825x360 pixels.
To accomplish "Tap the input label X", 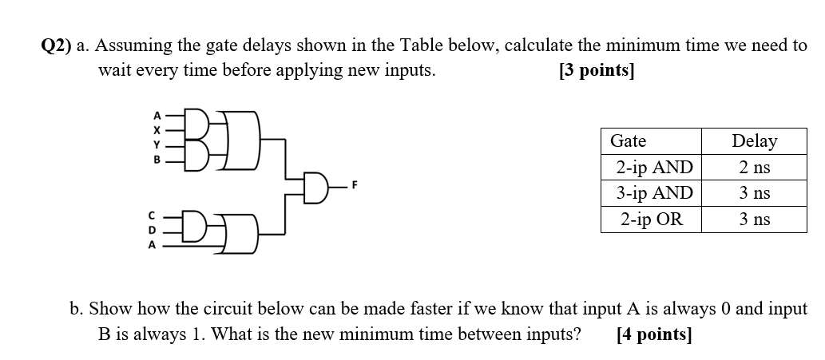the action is pyautogui.click(x=157, y=129).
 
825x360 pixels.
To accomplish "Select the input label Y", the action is pyautogui.click(x=157, y=144).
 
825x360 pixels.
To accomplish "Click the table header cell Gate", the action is pyautogui.click(x=628, y=141).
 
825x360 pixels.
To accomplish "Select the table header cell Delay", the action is pyautogui.click(x=754, y=141).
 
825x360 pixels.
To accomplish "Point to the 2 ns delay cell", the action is pyautogui.click(x=754, y=168).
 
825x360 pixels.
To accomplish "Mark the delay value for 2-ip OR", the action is pyautogui.click(x=754, y=219).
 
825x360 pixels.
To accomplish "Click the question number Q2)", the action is pyautogui.click(x=57, y=46).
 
